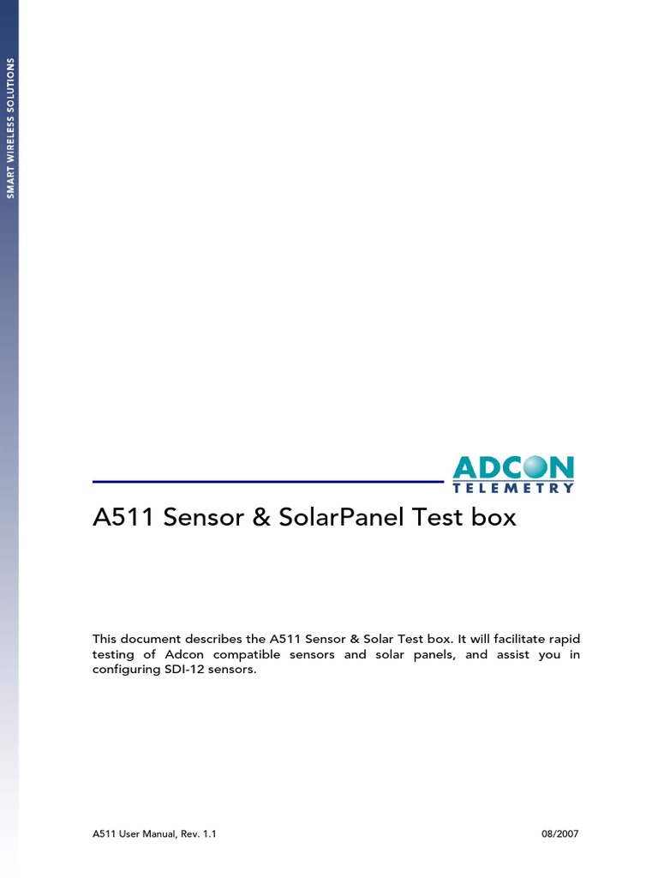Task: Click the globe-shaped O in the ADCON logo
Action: [x=531, y=467]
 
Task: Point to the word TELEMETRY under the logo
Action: [x=513, y=488]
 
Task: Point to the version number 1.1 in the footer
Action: [x=208, y=833]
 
